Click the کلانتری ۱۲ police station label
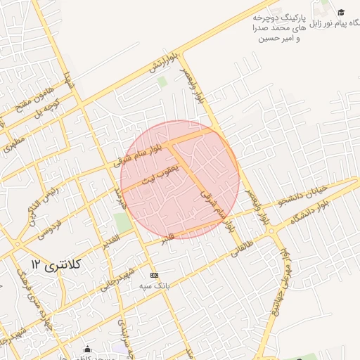58,264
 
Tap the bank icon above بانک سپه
155,275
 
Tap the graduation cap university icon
341,12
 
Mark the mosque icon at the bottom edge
87,349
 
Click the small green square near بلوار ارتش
162,82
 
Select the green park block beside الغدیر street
124,222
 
